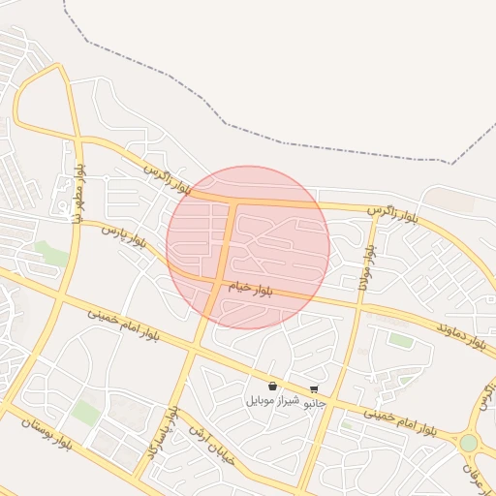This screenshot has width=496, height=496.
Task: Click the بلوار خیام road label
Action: coord(250,290)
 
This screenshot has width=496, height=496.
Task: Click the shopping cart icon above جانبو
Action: coord(314,388)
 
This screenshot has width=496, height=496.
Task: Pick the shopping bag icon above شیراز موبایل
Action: coord(272,387)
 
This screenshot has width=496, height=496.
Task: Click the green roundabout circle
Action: coord(469,443)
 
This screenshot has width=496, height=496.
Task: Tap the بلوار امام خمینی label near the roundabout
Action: coord(400,421)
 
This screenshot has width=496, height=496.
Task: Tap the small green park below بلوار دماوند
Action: coord(400,340)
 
